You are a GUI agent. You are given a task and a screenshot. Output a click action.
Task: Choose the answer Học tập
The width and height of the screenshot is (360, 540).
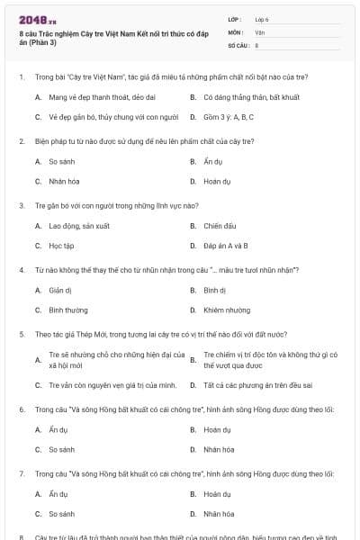(x=61, y=245)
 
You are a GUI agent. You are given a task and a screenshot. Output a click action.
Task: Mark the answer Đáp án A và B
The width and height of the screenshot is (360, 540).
(x=226, y=245)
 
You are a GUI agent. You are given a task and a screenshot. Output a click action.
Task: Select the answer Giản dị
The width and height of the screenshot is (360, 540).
(x=59, y=291)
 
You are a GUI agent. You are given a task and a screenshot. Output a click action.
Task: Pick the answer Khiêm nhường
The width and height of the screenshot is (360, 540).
(x=225, y=310)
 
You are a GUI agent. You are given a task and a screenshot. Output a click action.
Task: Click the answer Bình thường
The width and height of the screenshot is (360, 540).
(x=68, y=310)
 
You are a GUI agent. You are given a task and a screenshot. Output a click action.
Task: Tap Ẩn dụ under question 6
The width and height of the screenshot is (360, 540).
(x=58, y=430)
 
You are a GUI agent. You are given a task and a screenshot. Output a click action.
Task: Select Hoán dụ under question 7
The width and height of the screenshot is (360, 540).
(x=217, y=494)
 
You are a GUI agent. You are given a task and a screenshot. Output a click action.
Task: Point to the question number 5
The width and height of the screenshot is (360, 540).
(x=21, y=334)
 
